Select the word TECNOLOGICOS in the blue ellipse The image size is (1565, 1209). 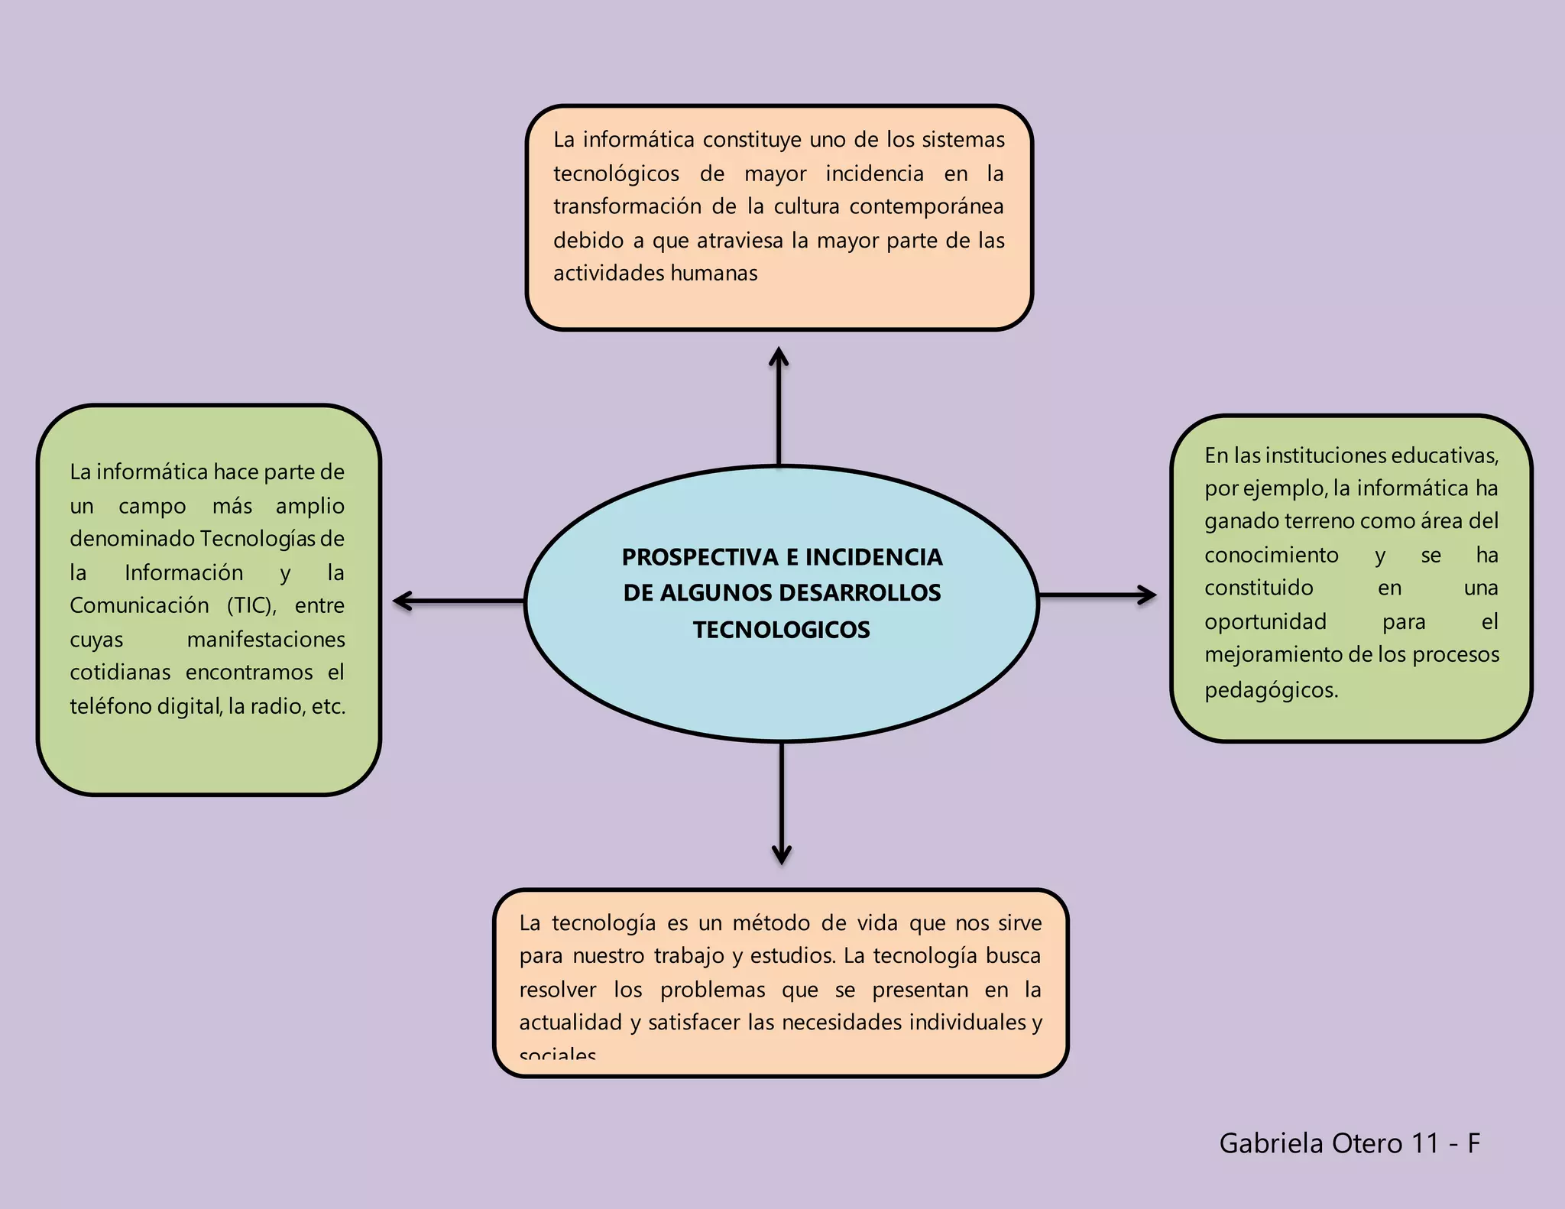click(x=781, y=630)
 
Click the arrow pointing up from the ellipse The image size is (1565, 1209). click(x=779, y=405)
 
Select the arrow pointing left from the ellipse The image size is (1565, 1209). click(x=458, y=601)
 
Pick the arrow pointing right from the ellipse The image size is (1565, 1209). click(x=1097, y=595)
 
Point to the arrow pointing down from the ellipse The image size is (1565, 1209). click(x=781, y=802)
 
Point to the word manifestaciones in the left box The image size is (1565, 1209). click(x=266, y=639)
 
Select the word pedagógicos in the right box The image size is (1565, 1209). click(x=1270, y=690)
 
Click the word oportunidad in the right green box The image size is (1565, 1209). click(x=1265, y=621)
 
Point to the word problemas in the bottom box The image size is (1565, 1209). click(x=712, y=990)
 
